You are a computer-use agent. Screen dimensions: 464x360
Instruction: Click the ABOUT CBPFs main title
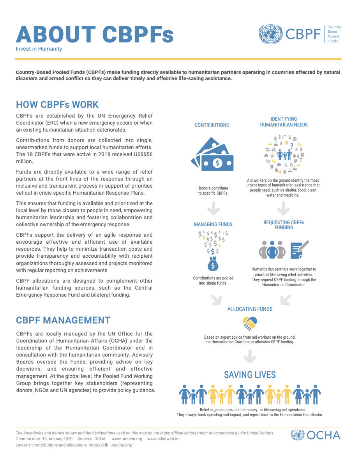(95, 35)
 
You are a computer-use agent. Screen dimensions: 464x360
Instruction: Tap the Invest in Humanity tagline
(39, 49)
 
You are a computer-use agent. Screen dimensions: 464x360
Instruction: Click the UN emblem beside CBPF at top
(271, 34)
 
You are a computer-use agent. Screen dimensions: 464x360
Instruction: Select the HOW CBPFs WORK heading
(57, 105)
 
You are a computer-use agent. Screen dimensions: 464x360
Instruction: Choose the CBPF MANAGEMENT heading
(63, 320)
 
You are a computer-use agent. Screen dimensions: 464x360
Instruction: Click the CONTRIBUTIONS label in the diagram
(212, 125)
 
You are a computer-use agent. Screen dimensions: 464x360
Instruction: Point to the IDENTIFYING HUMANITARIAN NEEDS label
(284, 122)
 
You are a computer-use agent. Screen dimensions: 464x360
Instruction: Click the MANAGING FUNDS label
(213, 225)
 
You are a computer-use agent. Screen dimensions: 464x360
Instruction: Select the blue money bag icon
(213, 264)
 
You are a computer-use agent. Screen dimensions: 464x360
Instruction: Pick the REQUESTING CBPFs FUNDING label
(284, 225)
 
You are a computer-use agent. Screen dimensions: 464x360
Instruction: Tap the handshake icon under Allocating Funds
(250, 323)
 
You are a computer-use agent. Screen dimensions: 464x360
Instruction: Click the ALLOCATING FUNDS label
(250, 309)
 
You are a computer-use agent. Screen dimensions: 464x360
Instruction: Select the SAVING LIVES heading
(250, 375)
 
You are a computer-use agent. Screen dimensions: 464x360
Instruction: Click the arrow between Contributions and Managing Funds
(213, 209)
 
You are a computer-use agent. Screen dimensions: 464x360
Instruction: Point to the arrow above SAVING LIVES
(250, 356)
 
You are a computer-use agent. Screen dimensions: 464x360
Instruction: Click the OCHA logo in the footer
(316, 435)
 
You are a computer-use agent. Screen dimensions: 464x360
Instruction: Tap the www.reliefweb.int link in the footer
(164, 439)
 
